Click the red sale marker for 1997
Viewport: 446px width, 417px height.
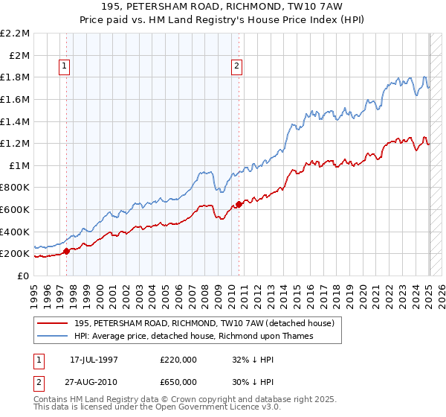(66, 252)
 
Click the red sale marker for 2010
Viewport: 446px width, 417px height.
(239, 204)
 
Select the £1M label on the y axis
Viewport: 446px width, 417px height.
(20, 165)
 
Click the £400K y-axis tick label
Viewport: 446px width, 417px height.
(16, 232)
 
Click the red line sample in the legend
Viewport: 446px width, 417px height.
(52, 323)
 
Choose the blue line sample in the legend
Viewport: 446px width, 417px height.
(52, 336)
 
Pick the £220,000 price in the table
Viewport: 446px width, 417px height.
(178, 359)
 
